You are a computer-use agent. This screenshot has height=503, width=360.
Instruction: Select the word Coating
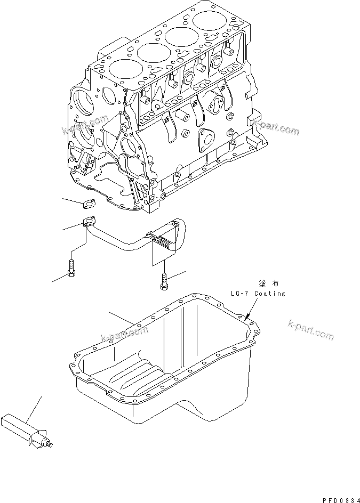click(269, 294)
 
